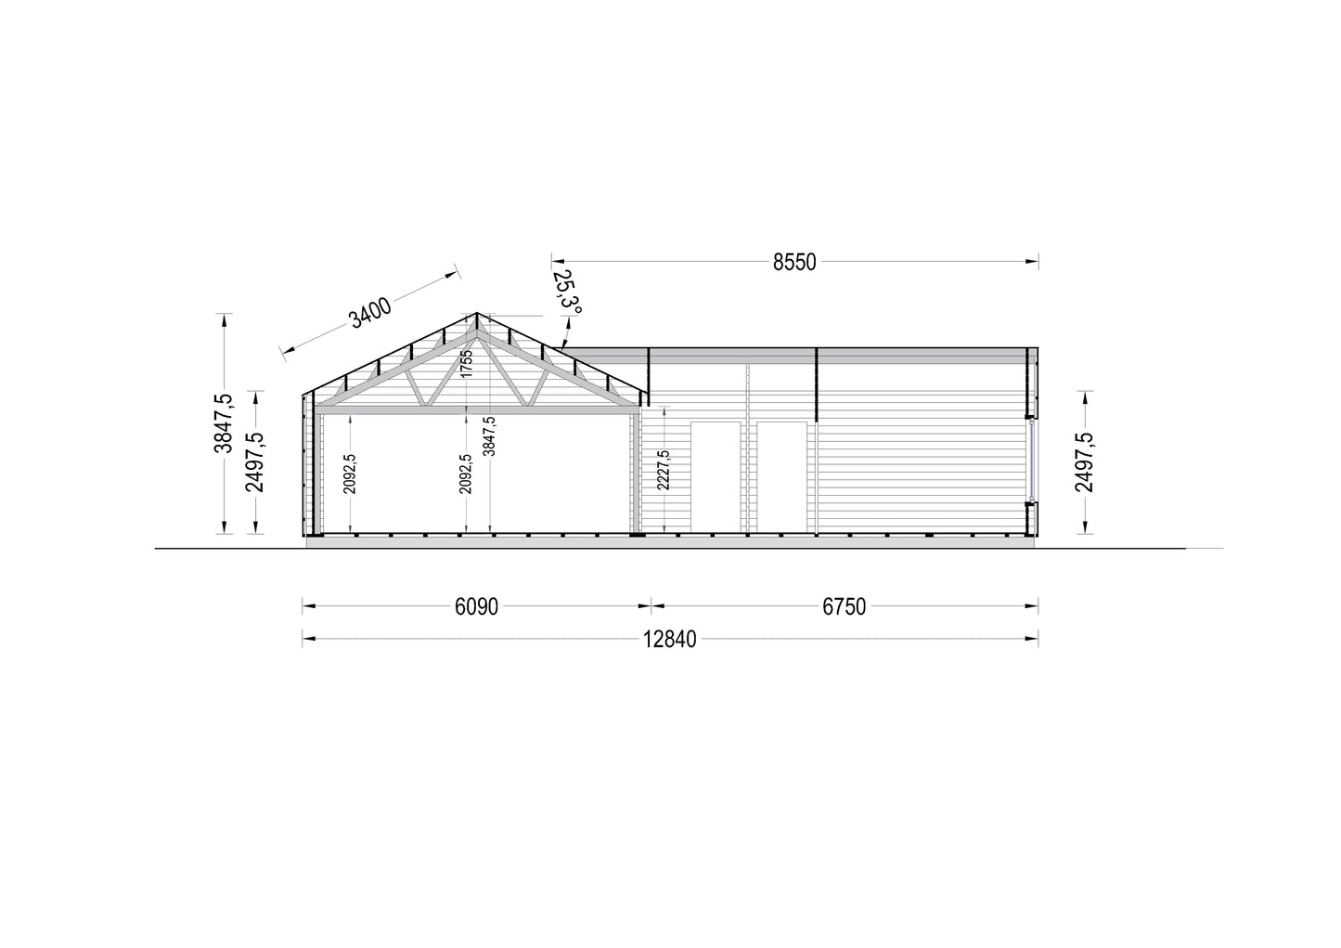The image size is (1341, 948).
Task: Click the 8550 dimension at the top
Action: coord(793,263)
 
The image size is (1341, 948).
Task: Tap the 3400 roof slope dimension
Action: coord(370,312)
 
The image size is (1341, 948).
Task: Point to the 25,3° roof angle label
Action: coord(566,292)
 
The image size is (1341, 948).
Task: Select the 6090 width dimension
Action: coord(476,606)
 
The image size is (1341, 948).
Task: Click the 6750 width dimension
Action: coord(845,606)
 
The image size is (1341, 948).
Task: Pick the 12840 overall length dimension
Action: coord(670,640)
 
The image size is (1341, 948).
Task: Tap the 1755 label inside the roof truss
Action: coord(467,364)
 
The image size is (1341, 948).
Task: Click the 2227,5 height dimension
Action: coord(664,470)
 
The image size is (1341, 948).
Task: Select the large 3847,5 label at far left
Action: coord(224,423)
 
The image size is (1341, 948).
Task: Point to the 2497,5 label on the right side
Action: coord(1084,462)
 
